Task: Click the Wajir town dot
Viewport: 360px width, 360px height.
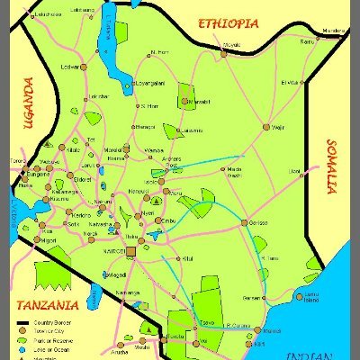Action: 266,127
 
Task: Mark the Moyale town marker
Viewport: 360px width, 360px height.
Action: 224,52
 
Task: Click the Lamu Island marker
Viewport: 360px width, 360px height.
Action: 300,285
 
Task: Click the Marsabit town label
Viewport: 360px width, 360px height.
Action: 200,102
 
